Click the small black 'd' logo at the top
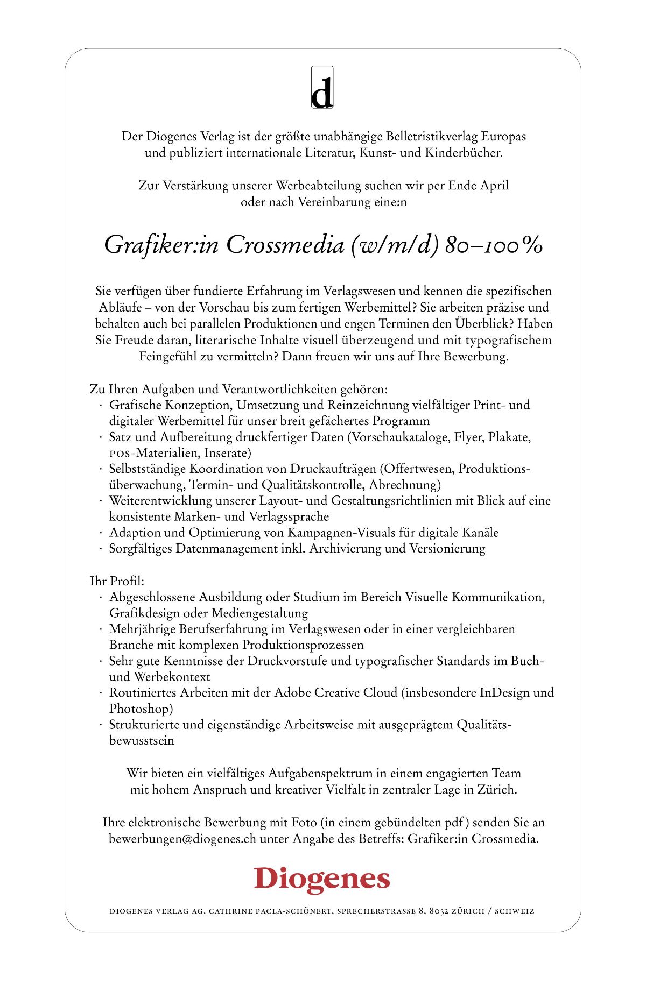(x=322, y=88)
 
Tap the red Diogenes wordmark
(x=322, y=880)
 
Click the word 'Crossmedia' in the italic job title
(x=285, y=245)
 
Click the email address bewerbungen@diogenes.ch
(x=182, y=839)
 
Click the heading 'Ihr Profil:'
(x=117, y=581)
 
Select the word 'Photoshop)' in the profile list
(x=141, y=709)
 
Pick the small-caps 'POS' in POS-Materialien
(x=120, y=454)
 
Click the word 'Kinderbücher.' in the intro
(x=464, y=153)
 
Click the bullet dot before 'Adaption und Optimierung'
(x=101, y=533)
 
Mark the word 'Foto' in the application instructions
(x=304, y=823)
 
